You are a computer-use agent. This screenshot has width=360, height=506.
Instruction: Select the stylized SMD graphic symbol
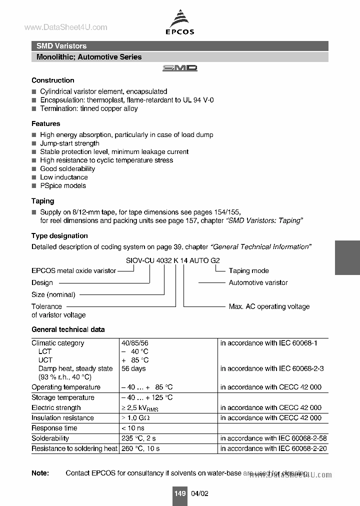(179, 68)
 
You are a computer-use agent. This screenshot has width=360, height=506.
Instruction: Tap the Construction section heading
(52, 80)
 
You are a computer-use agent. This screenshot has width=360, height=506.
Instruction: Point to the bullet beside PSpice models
(34, 186)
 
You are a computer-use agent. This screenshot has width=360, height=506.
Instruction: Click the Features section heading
(45, 123)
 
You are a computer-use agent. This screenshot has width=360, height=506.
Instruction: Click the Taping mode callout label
(248, 270)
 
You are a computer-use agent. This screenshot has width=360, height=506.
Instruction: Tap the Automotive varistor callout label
(258, 282)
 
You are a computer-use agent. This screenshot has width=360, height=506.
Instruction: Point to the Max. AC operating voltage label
(269, 306)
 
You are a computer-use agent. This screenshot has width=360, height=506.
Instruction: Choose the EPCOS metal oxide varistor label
(73, 270)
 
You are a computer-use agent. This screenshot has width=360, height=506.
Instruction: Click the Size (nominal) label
(53, 294)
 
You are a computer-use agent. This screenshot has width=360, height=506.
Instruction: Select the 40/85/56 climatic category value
(134, 343)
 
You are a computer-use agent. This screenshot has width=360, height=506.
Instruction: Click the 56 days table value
(133, 368)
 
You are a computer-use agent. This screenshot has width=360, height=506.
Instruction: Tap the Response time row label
(54, 428)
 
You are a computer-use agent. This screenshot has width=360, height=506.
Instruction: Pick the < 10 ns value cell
(133, 428)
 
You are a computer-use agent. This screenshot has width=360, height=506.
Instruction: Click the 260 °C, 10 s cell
(140, 448)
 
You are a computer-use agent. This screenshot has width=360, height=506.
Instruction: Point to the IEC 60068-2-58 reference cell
(273, 438)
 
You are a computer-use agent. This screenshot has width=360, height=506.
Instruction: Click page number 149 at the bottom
(180, 493)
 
